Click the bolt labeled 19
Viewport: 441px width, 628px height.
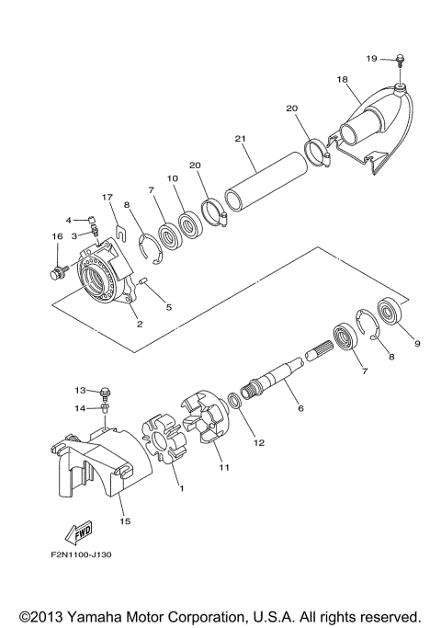point(400,60)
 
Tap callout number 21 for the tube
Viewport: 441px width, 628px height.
point(240,139)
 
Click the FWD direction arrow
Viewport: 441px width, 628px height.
point(78,532)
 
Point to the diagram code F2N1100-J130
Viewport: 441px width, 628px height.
point(81,554)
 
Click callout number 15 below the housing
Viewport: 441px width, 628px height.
point(125,520)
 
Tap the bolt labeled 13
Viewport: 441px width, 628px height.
point(106,392)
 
